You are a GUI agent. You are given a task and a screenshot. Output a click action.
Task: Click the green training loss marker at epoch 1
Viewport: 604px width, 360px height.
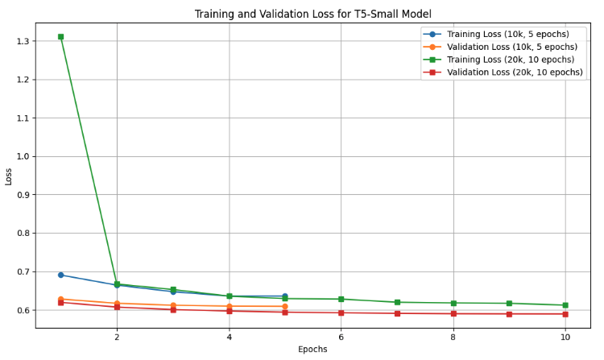(x=60, y=37)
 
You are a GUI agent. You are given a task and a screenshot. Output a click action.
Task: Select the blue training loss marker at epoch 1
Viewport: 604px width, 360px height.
(x=60, y=275)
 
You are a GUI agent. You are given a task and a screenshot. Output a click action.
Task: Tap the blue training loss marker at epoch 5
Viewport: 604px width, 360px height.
(x=285, y=296)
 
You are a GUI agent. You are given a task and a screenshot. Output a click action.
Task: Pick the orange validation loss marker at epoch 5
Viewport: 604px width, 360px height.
(x=285, y=306)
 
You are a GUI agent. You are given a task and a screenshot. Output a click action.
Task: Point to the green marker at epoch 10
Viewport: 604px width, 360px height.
(x=565, y=305)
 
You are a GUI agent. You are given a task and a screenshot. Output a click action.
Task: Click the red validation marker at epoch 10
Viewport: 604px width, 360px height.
(x=565, y=314)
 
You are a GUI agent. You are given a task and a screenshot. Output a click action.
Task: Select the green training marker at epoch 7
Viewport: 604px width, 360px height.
(x=397, y=302)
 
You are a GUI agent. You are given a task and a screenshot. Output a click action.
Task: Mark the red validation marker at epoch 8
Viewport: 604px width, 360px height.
(x=453, y=313)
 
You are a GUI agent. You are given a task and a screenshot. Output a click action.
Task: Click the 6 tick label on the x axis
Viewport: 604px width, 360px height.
(x=341, y=336)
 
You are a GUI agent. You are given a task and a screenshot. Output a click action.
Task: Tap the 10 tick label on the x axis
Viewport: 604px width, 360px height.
(x=565, y=336)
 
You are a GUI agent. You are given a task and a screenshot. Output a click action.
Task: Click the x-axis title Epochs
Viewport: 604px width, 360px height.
(x=312, y=350)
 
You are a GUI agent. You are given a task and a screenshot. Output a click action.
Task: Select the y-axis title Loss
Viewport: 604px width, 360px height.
(x=9, y=176)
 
